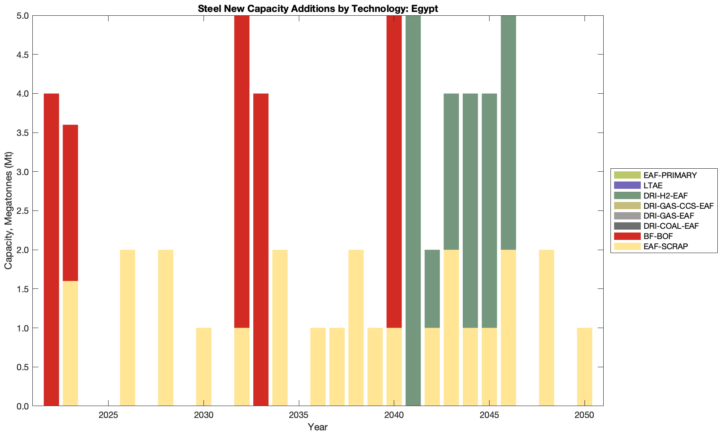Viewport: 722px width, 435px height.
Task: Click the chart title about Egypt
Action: (318, 9)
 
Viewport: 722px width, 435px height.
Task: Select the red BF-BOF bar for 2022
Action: (52, 249)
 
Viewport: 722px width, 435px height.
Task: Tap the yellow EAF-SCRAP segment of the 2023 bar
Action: (70, 343)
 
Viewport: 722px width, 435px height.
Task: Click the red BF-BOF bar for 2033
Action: (261, 249)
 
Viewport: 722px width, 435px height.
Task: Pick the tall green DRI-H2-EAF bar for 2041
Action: (413, 211)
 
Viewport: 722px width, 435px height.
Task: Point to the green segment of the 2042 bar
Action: (432, 288)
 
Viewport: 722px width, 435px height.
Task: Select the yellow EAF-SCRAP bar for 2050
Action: (584, 367)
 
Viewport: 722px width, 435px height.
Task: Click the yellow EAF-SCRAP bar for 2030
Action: (203, 367)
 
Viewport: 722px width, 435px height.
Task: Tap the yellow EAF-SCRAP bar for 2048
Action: (547, 328)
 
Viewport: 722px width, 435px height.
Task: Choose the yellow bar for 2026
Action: (127, 328)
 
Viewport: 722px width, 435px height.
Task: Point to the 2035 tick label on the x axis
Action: (299, 415)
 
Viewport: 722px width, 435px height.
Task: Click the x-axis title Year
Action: (318, 427)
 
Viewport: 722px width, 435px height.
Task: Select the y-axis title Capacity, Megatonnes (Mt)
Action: (9, 211)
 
